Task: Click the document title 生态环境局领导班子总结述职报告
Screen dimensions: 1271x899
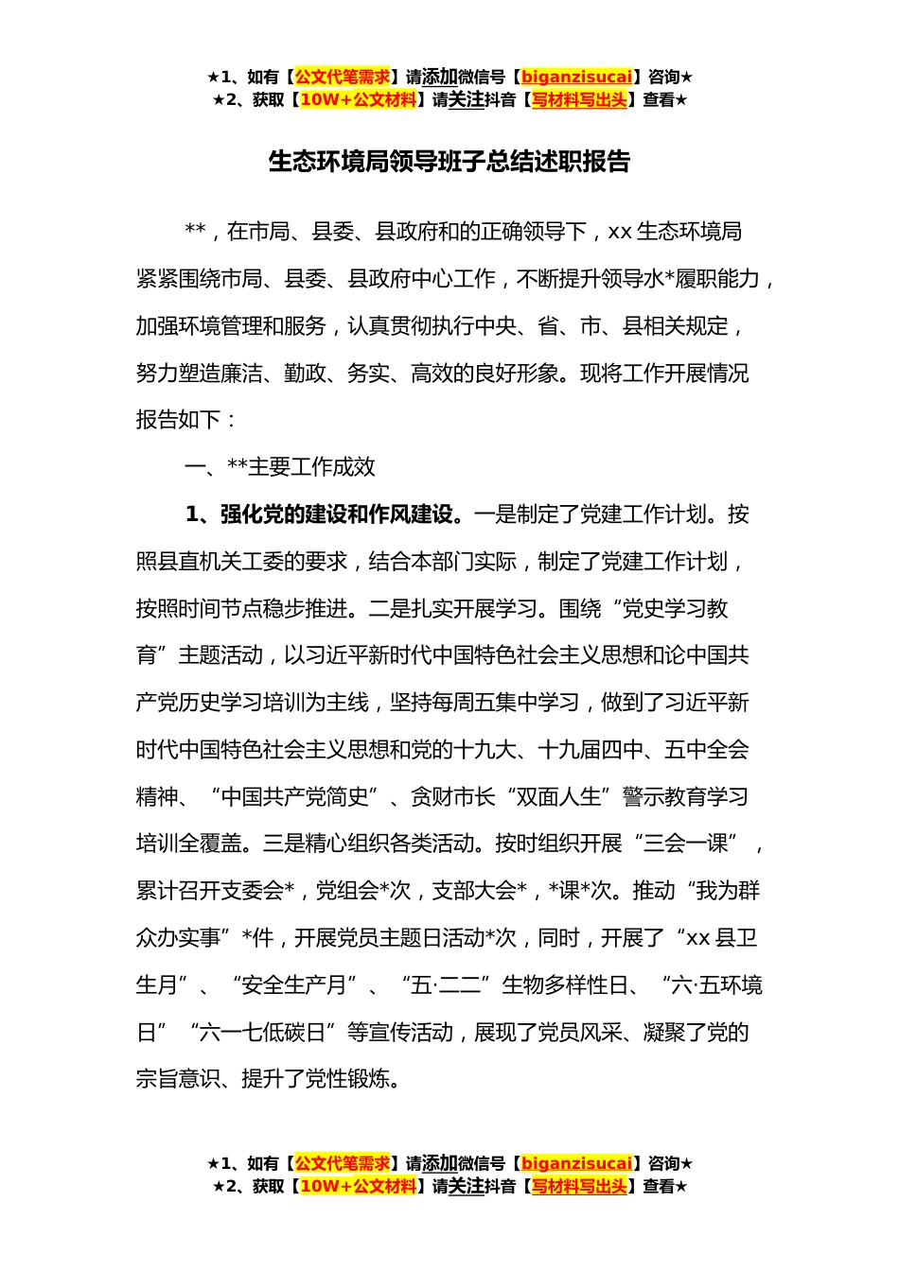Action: click(449, 163)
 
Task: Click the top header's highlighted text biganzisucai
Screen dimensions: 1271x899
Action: click(576, 77)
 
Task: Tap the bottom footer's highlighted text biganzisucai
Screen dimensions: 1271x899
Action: click(576, 1163)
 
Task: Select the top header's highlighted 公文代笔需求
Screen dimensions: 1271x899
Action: click(343, 77)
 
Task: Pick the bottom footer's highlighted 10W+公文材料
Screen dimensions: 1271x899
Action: click(358, 1186)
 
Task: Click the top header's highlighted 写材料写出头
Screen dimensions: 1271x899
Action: click(579, 99)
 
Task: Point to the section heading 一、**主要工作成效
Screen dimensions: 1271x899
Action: click(280, 466)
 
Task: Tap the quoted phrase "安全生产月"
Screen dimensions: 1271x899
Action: click(294, 985)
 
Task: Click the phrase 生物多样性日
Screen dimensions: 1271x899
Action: click(565, 985)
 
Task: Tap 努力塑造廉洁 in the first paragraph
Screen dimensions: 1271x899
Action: click(199, 373)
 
